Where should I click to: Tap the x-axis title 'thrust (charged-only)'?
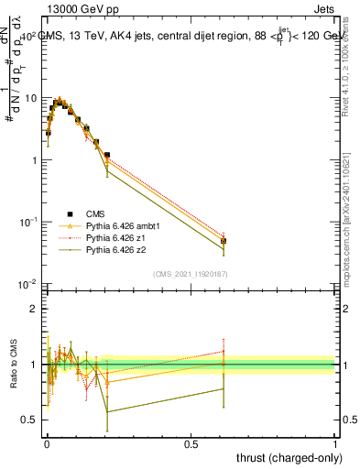pos(285,457)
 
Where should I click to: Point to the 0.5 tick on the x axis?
pos(191,442)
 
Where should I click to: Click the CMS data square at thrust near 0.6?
pos(224,241)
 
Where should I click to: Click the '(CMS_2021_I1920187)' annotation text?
pos(191,272)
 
